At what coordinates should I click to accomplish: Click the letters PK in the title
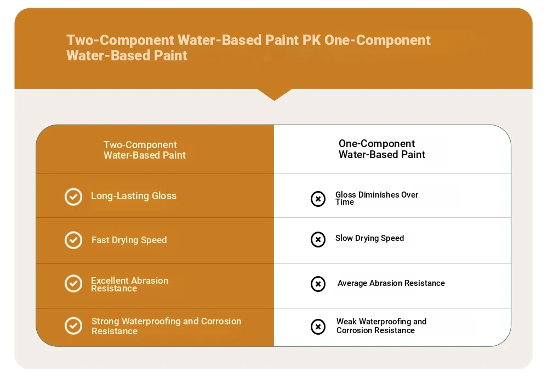(x=311, y=40)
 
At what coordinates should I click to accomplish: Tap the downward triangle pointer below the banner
(x=275, y=94)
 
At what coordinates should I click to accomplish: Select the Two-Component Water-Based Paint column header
(x=144, y=150)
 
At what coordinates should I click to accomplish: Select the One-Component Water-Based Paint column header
(x=381, y=149)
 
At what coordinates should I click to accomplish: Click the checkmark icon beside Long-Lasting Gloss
(x=73, y=196)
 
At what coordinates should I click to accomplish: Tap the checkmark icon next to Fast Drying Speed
(x=73, y=240)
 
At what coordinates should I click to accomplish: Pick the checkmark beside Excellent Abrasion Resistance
(x=73, y=284)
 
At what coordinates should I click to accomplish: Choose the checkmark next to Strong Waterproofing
(x=73, y=326)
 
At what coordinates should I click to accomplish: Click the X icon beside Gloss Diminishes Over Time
(x=318, y=199)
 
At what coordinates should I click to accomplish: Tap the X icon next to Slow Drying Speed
(x=318, y=240)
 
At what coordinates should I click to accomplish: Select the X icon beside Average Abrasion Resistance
(x=318, y=284)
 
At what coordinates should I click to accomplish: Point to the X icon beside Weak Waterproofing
(x=318, y=327)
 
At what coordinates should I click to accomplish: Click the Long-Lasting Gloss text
(x=134, y=196)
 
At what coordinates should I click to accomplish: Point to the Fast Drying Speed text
(x=129, y=240)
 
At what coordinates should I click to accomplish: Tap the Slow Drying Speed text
(x=369, y=238)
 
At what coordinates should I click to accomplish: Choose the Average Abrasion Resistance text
(x=391, y=283)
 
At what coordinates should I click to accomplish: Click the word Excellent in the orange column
(x=110, y=280)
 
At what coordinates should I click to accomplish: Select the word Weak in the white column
(x=346, y=322)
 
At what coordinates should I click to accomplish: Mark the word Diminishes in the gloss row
(x=379, y=195)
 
